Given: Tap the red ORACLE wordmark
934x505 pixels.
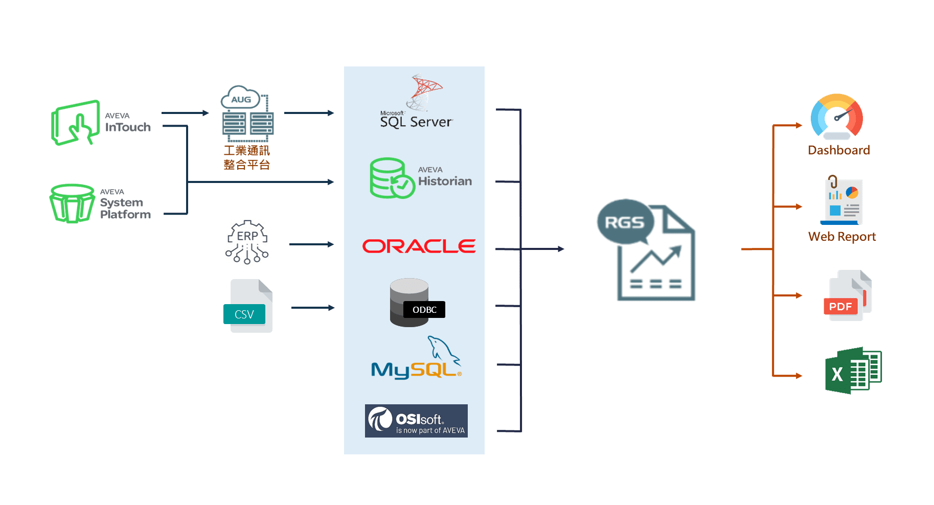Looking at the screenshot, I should tap(419, 246).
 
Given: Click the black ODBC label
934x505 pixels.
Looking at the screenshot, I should tap(424, 310).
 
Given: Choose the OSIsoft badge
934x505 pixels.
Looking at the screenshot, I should tap(416, 421).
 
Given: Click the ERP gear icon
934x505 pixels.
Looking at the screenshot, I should tap(247, 242).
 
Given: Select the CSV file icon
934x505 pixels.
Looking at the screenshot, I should tap(248, 306).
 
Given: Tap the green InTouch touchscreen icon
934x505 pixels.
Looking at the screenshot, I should tap(76, 123).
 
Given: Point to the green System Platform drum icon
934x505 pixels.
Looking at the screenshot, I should tap(72, 203).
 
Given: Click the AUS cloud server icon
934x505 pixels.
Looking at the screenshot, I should tap(247, 114).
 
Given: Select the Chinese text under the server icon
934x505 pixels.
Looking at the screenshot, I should tap(247, 157).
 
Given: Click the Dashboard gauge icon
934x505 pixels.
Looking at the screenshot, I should tap(837, 117).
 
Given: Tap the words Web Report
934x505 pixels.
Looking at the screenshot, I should tap(842, 237).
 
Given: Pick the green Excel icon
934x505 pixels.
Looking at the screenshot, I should tap(852, 371).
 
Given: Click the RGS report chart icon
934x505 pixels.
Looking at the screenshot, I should tap(647, 250).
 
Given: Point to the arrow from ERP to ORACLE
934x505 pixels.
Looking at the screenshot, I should tap(311, 244).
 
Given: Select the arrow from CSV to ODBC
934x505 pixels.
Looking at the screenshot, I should tap(313, 308).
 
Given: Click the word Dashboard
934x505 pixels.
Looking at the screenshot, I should tap(839, 150).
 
